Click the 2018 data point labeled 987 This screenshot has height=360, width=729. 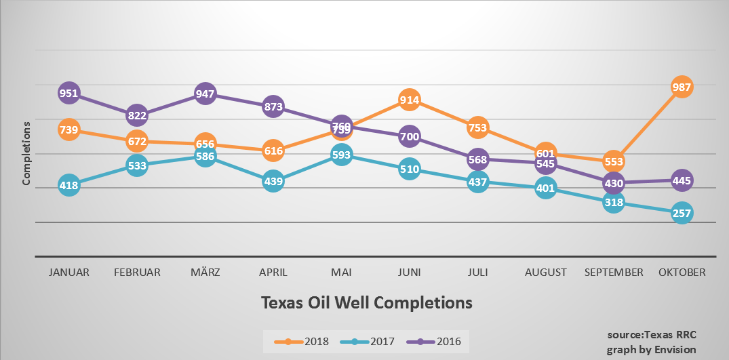(682, 87)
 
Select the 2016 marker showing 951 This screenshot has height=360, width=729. (68, 94)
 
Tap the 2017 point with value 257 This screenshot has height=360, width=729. (682, 214)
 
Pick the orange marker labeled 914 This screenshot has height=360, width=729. (409, 100)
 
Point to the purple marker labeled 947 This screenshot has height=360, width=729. (205, 94)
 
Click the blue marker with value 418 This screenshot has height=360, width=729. (68, 184)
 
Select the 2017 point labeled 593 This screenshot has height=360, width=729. (341, 155)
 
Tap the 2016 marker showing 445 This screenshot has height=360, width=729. (682, 180)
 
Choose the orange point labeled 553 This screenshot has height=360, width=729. (613, 161)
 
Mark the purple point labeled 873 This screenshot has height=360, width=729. (273, 106)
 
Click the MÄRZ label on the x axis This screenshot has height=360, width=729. (205, 273)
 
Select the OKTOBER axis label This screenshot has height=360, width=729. (682, 273)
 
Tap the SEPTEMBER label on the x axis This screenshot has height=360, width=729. (613, 273)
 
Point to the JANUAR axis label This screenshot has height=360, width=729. (68, 273)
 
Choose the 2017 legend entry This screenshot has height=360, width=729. (368, 341)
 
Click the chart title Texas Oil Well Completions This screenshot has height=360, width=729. (366, 302)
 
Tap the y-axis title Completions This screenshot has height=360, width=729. (27, 153)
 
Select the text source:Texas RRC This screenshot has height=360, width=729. (651, 336)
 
